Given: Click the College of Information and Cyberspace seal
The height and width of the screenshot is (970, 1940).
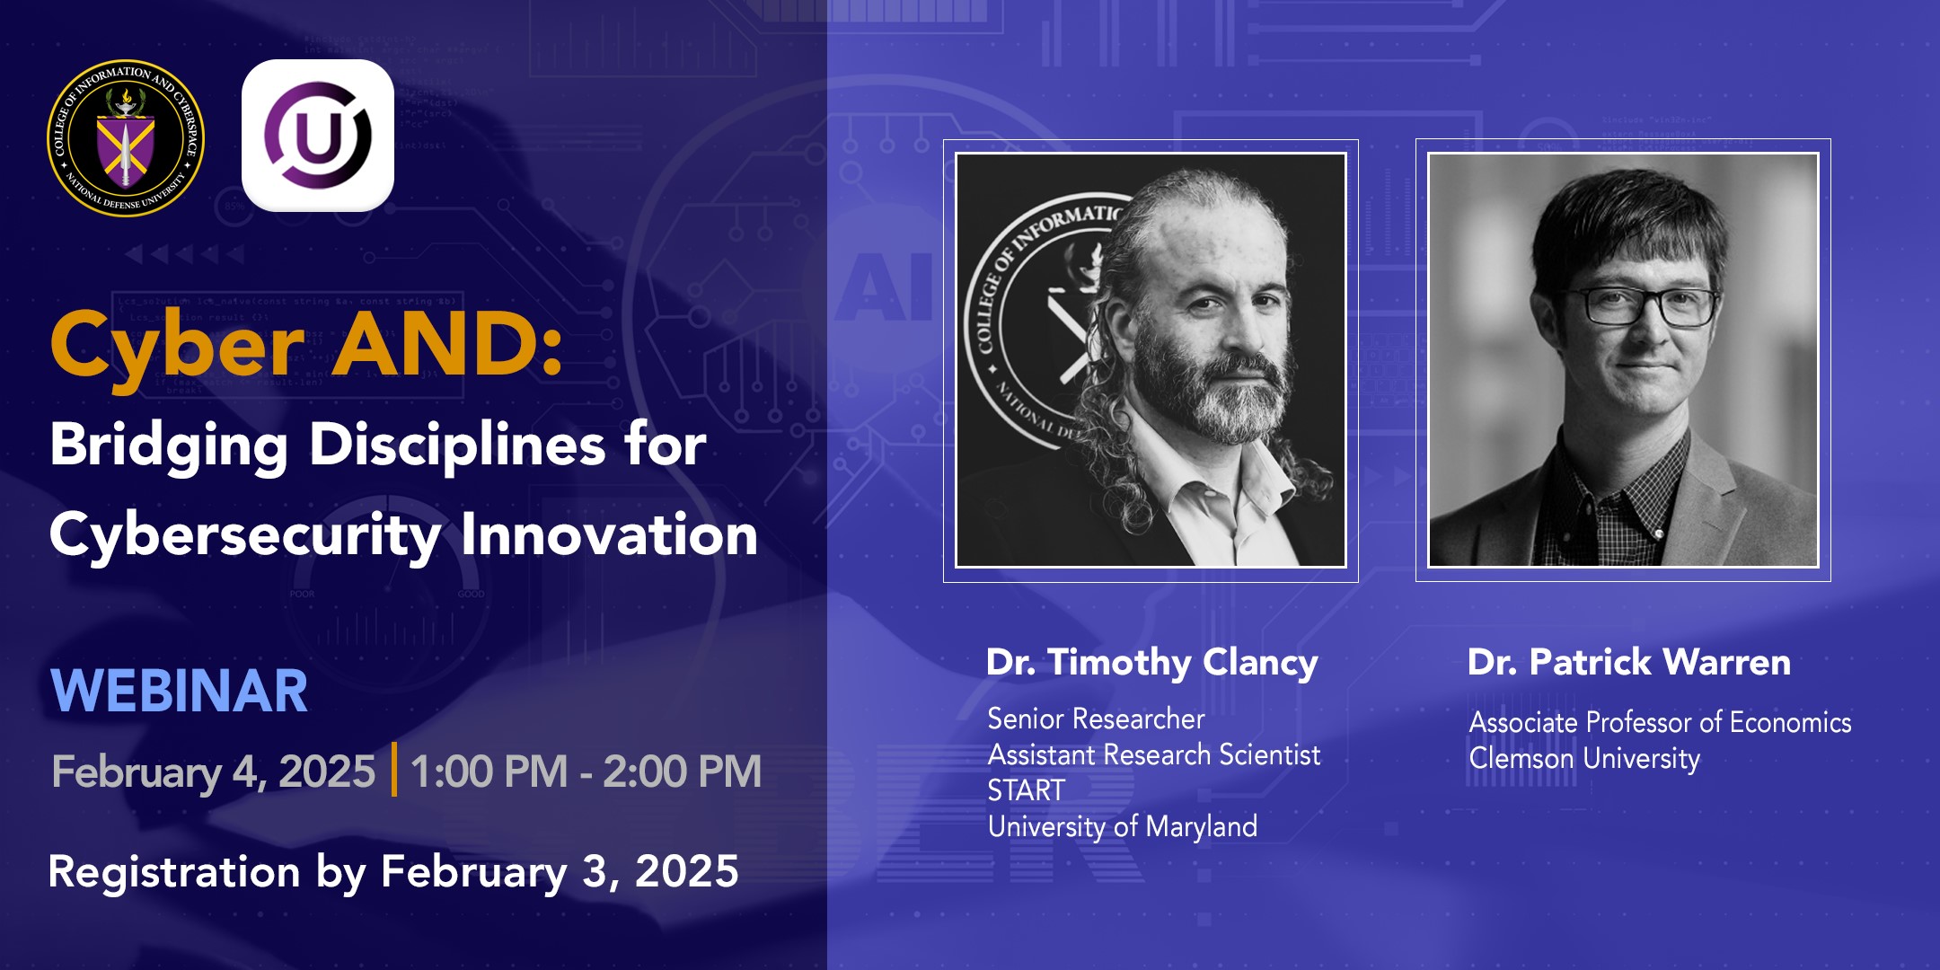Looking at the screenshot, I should [126, 138].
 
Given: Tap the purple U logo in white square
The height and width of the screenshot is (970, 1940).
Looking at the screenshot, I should [318, 136].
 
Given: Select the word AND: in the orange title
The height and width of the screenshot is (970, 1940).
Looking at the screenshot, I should [447, 345].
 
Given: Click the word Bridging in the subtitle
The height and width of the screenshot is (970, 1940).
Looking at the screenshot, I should [169, 445].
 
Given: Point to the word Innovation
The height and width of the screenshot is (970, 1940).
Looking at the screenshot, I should [609, 535].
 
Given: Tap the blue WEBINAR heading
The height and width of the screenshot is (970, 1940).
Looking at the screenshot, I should [180, 692].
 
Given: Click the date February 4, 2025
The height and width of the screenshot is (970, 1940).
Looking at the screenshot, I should [214, 772].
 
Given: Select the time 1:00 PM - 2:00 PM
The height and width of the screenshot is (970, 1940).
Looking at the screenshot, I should [586, 772].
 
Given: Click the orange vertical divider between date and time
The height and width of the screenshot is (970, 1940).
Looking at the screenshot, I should [394, 770].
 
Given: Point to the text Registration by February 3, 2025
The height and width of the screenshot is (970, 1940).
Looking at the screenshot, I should [393, 872].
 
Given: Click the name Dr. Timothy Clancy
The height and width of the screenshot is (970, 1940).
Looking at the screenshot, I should [1152, 663].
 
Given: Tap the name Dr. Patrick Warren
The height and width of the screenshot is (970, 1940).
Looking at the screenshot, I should [1628, 663].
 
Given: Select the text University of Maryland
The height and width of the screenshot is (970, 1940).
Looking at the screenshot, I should [1123, 826].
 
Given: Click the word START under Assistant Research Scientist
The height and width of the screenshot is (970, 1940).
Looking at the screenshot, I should [1026, 790].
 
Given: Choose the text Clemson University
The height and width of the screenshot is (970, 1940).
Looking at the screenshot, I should [1584, 759].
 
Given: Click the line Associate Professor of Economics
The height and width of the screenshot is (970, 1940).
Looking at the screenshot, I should [1660, 722].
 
